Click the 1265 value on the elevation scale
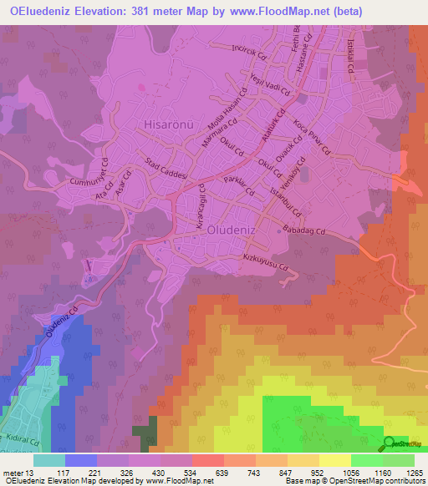[x=415, y=473]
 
